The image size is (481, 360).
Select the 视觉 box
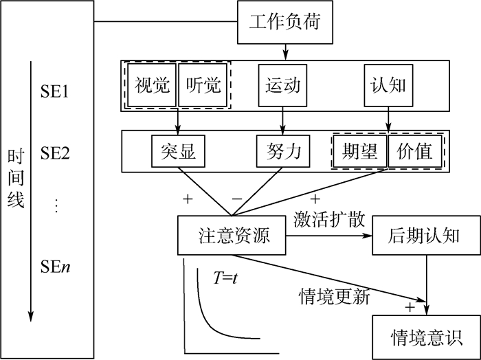(151, 85)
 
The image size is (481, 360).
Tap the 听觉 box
(203, 85)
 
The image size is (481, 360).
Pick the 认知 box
(388, 85)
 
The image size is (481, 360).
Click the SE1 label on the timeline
(56, 89)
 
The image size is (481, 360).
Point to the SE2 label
(56, 153)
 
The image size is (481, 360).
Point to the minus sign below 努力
(236, 199)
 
